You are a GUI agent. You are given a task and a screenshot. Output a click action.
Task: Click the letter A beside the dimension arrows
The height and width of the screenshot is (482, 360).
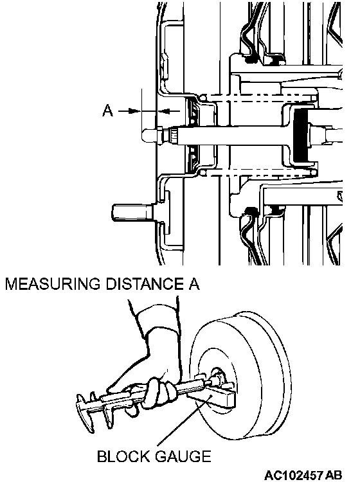(107, 111)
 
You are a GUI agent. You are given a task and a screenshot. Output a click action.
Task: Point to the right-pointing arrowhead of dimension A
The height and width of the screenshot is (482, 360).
(135, 111)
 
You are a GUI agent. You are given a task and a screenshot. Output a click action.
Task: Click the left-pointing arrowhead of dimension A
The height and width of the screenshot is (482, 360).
(163, 111)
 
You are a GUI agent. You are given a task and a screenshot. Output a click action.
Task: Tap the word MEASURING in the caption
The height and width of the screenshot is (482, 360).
(52, 283)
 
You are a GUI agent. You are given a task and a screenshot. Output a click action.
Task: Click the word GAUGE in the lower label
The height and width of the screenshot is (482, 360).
(183, 456)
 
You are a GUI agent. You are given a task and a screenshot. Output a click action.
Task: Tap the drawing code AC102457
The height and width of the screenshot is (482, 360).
(293, 475)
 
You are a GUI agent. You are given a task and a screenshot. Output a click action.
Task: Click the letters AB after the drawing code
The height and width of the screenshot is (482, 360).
(334, 475)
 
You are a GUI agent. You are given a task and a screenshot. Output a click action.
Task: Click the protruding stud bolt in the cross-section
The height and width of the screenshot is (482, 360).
(132, 213)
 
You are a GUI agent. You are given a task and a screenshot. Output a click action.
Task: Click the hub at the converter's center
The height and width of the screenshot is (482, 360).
(218, 377)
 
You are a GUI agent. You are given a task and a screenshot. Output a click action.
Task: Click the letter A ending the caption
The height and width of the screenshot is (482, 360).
(194, 283)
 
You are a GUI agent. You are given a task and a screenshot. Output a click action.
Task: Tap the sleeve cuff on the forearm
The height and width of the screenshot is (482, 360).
(158, 319)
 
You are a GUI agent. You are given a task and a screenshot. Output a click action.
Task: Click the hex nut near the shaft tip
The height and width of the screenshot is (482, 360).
(160, 135)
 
